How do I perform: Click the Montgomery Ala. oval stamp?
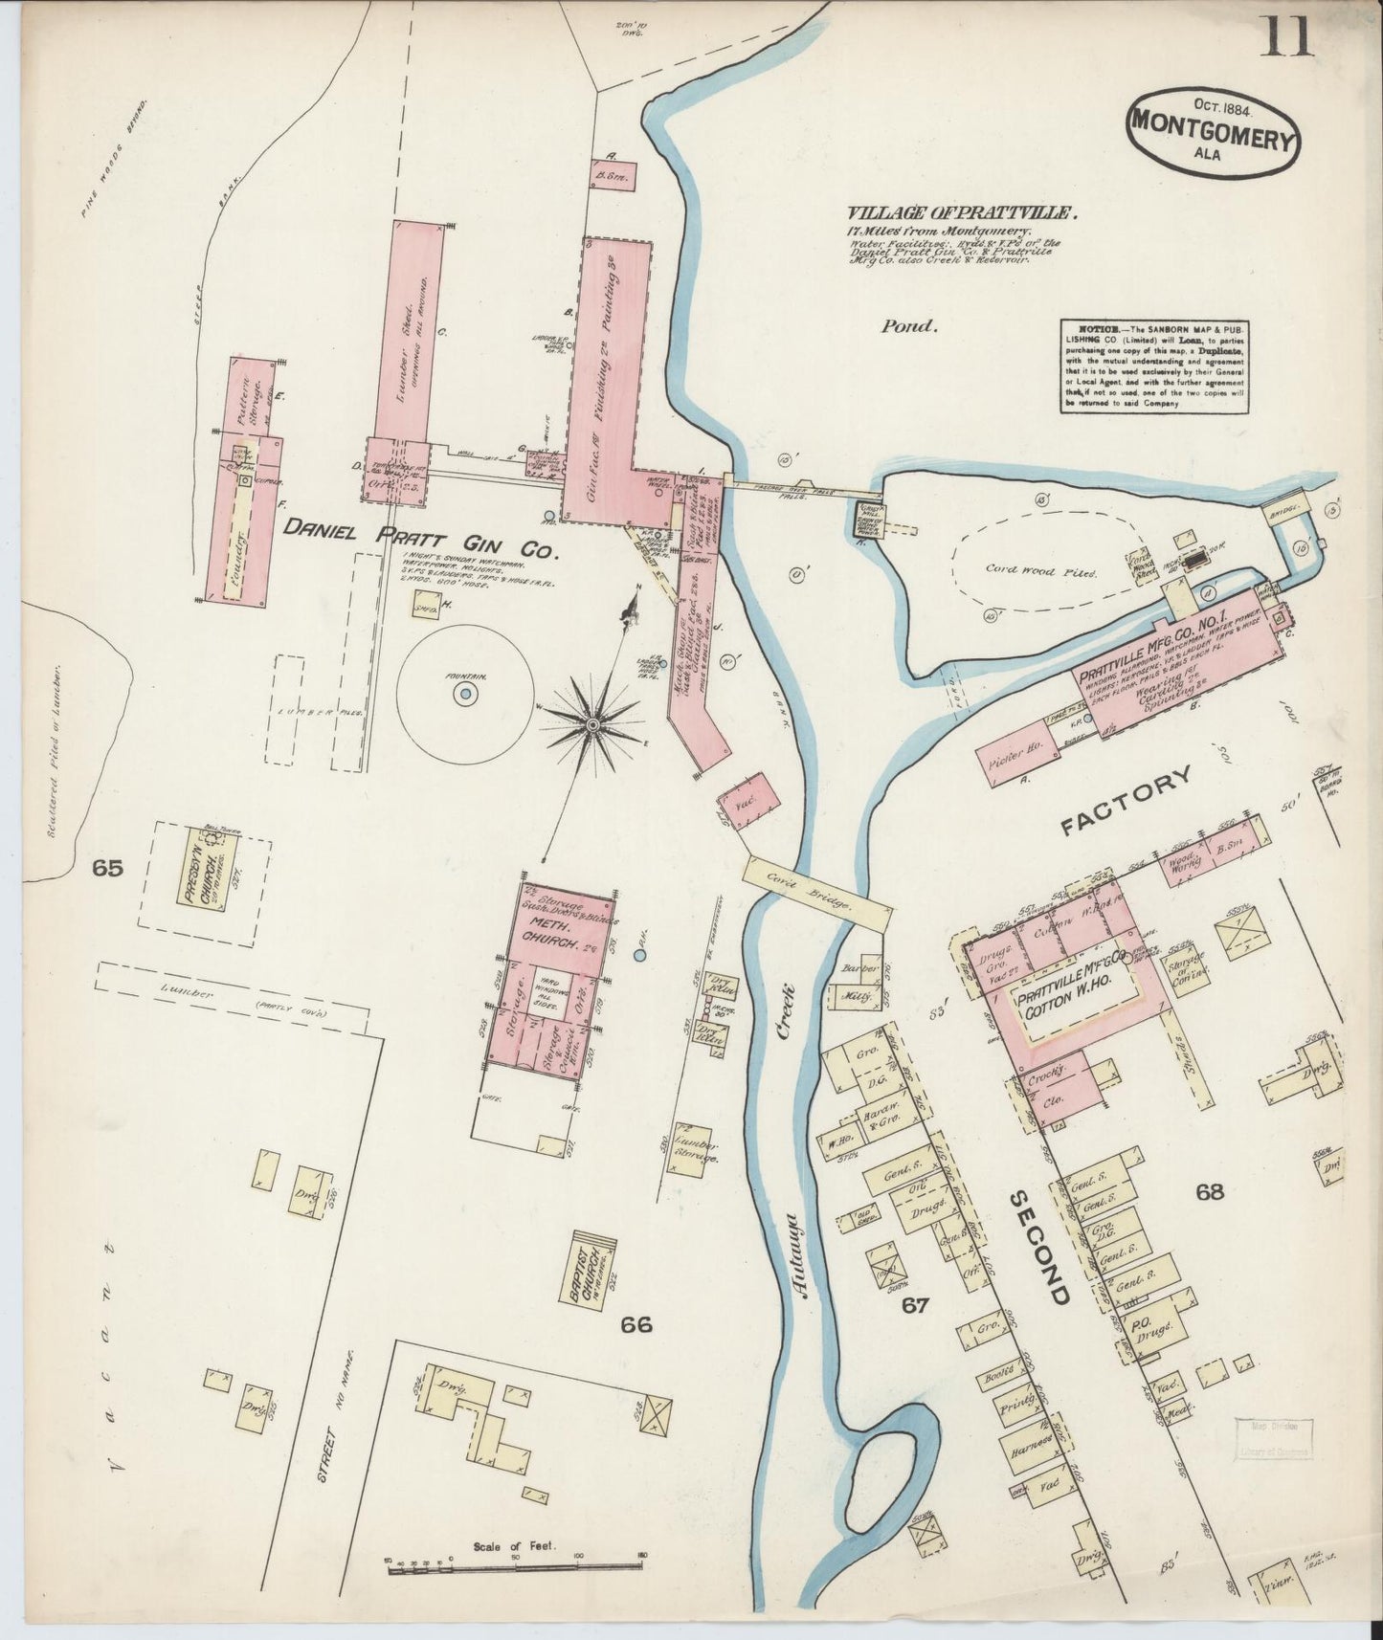[1214, 135]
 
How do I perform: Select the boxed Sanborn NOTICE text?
[1155, 366]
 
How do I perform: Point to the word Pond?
[907, 326]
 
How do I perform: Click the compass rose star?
[593, 727]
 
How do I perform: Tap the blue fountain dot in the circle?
[464, 695]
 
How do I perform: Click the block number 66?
[636, 1324]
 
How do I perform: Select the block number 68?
[1209, 1191]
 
